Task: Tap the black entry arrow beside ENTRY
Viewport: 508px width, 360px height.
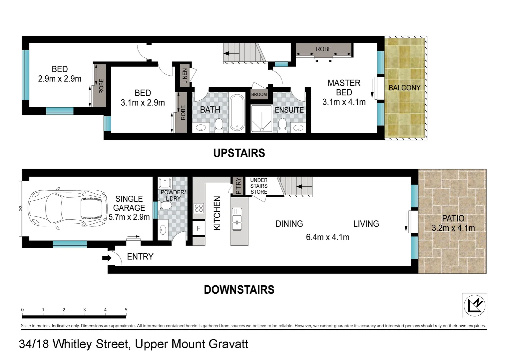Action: (107, 258)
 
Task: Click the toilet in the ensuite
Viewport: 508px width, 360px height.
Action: (282, 124)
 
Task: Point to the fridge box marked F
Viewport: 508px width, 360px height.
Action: (199, 228)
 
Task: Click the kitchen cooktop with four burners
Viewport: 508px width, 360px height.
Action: (199, 208)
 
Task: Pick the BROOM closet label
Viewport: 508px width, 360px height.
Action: (259, 94)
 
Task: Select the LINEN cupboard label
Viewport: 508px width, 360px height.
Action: (185, 76)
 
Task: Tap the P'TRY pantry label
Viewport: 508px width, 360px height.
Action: (238, 186)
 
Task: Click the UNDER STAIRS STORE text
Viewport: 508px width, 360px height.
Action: (259, 186)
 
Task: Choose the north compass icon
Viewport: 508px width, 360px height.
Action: (474, 305)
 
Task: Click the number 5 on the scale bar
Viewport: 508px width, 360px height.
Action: (126, 310)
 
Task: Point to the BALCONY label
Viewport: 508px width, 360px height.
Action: (404, 88)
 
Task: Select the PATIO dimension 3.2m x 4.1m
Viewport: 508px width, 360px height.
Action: (453, 228)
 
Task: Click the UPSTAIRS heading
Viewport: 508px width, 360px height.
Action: (239, 153)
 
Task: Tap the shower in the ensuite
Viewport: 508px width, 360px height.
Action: (261, 118)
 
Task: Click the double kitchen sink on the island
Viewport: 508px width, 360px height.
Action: (237, 219)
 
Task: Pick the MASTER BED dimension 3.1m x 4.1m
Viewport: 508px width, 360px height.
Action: (344, 102)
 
